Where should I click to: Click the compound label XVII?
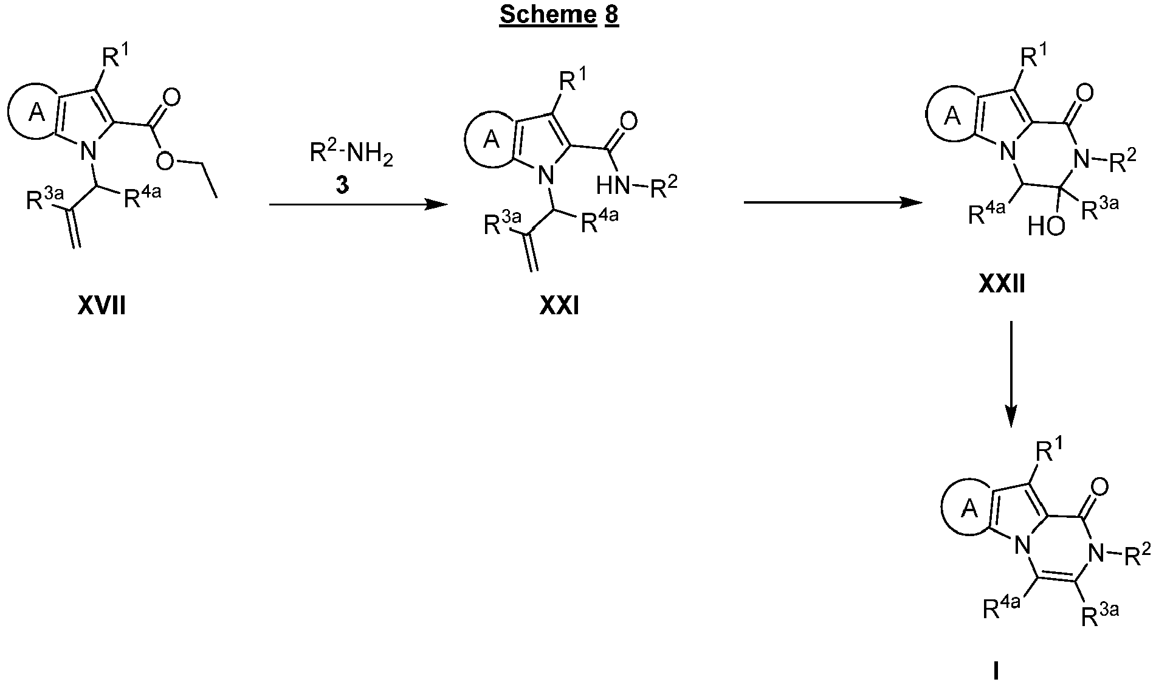102,306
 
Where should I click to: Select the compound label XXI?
559,307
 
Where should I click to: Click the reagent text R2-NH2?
351,154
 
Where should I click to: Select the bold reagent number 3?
343,185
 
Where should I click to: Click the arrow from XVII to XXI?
358,205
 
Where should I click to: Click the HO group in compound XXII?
1046,227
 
